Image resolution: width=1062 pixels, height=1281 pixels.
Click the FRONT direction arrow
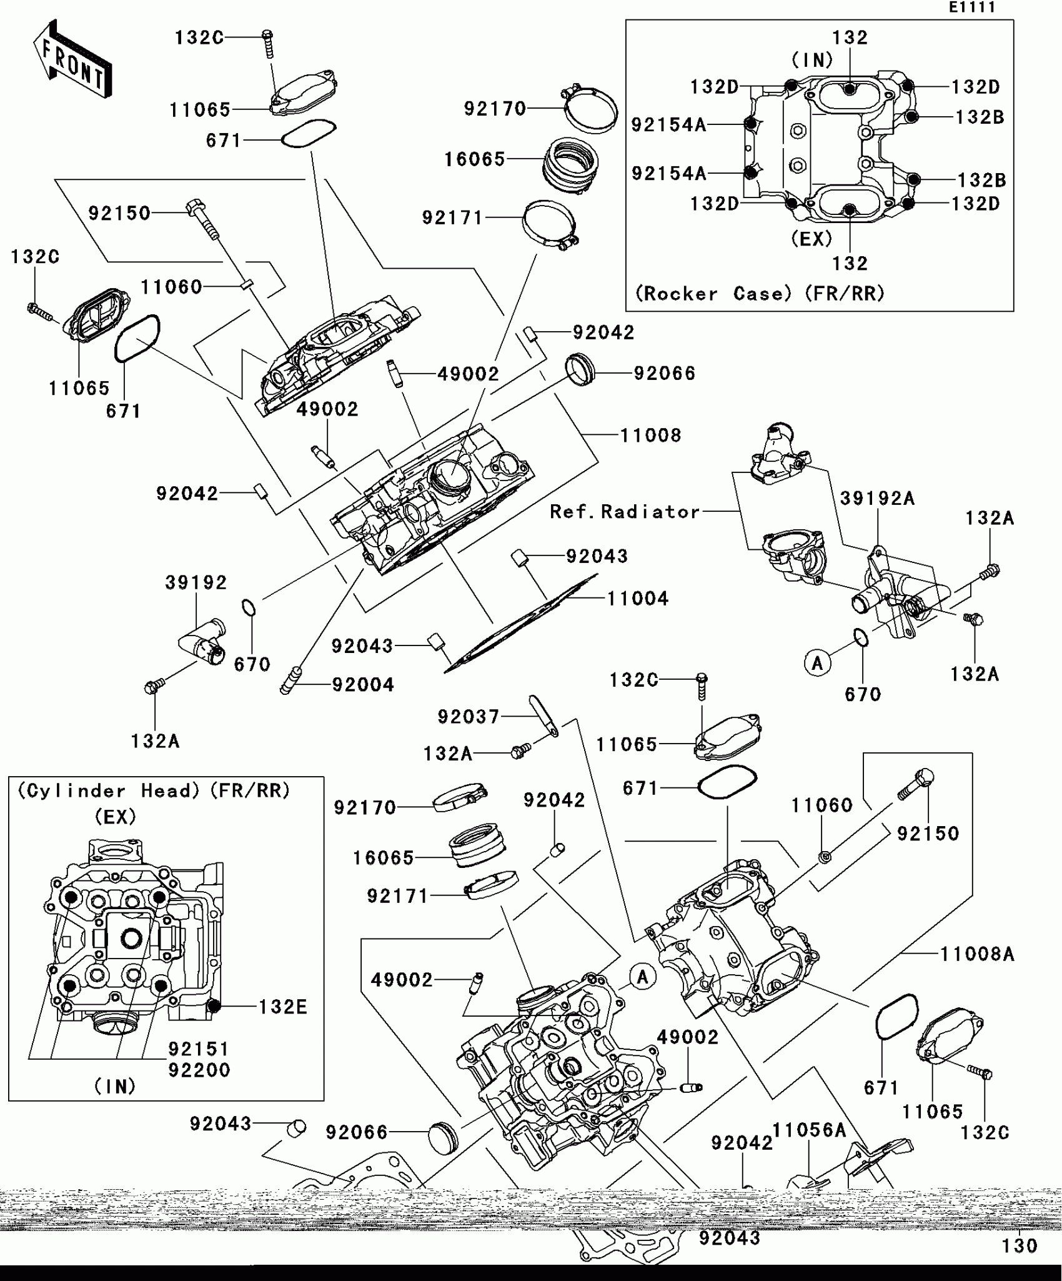72,59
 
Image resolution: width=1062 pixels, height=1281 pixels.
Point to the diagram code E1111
971,7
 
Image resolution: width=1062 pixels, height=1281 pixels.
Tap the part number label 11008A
977,954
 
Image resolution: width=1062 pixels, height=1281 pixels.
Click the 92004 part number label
363,685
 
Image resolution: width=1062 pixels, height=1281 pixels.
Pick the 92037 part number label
469,717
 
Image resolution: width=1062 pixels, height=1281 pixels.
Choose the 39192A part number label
877,498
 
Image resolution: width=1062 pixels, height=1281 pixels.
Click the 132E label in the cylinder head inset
283,1007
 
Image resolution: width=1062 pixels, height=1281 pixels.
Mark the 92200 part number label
199,1070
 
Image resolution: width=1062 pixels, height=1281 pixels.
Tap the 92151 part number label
199,1049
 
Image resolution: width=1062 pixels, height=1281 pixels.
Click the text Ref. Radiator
625,512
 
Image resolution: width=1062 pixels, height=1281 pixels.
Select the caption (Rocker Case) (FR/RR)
760,294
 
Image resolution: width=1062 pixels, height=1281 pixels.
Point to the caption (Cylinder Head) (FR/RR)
154,791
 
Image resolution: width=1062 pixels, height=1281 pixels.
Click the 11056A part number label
810,1130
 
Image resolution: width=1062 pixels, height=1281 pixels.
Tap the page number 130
1020,1246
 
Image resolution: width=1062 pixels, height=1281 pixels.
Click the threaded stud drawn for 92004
292,680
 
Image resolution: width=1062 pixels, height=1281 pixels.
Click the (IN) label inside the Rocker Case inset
812,60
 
